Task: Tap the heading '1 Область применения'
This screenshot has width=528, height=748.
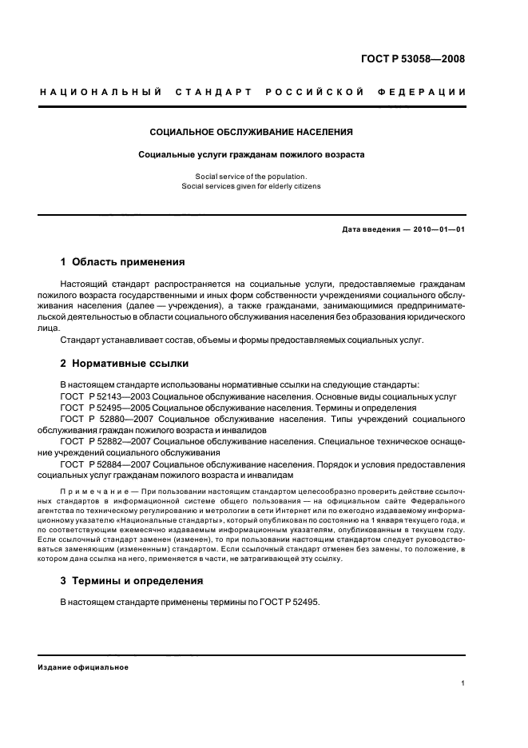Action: [123, 261]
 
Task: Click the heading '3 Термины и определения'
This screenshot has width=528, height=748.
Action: [132, 580]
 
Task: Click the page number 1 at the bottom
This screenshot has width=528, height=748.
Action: [463, 683]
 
